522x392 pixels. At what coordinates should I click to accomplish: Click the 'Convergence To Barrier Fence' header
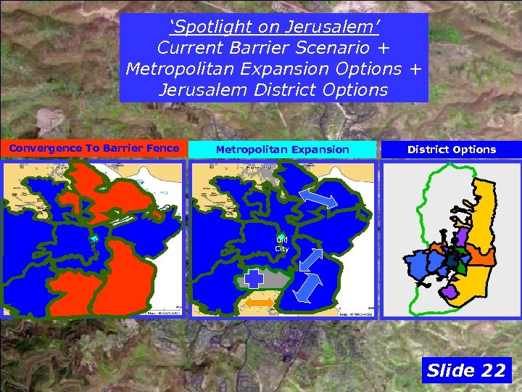click(x=94, y=149)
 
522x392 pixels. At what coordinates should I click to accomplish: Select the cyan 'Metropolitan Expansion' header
click(x=282, y=150)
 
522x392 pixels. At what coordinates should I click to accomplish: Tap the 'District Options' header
click(x=451, y=150)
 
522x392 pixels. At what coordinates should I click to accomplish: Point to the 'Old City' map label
click(x=281, y=244)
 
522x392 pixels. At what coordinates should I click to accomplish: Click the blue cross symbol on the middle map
click(x=254, y=279)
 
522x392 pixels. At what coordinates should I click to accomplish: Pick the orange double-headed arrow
click(x=259, y=301)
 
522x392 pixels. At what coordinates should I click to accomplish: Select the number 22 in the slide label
click(x=492, y=370)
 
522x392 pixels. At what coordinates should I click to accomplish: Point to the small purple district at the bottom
click(x=450, y=292)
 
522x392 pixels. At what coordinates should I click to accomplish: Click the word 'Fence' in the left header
click(x=162, y=149)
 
